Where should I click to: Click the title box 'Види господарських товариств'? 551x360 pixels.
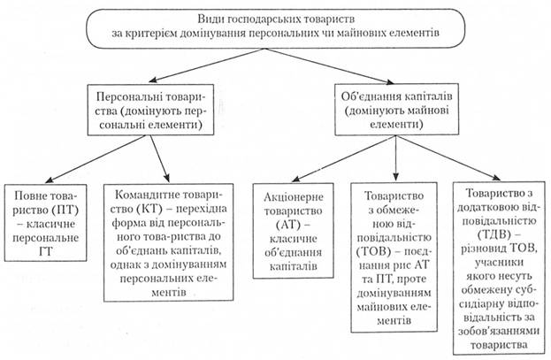(x=276, y=29)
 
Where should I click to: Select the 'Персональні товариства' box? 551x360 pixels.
(x=150, y=110)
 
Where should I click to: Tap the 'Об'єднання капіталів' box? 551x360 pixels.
(x=397, y=110)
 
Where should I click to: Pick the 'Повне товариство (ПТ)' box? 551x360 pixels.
(x=46, y=223)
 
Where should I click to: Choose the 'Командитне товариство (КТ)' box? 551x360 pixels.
(x=169, y=242)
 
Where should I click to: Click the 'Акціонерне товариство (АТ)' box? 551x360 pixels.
(x=294, y=231)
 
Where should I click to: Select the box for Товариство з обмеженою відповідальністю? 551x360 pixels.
(x=394, y=257)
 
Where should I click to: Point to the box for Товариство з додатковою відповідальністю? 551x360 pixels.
(x=499, y=268)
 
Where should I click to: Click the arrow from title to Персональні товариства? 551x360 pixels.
(x=206, y=65)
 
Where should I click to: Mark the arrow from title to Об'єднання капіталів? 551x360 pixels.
(x=329, y=66)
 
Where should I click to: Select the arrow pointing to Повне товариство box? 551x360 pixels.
(x=96, y=159)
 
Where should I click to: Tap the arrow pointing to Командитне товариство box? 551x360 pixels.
(x=160, y=158)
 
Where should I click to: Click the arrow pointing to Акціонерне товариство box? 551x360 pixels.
(x=344, y=158)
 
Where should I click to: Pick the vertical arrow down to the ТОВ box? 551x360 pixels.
(x=396, y=158)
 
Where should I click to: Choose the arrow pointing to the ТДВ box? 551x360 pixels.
(x=449, y=157)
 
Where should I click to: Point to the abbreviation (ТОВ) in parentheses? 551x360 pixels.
(x=373, y=252)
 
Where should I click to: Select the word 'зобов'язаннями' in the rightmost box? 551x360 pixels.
(x=499, y=331)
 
